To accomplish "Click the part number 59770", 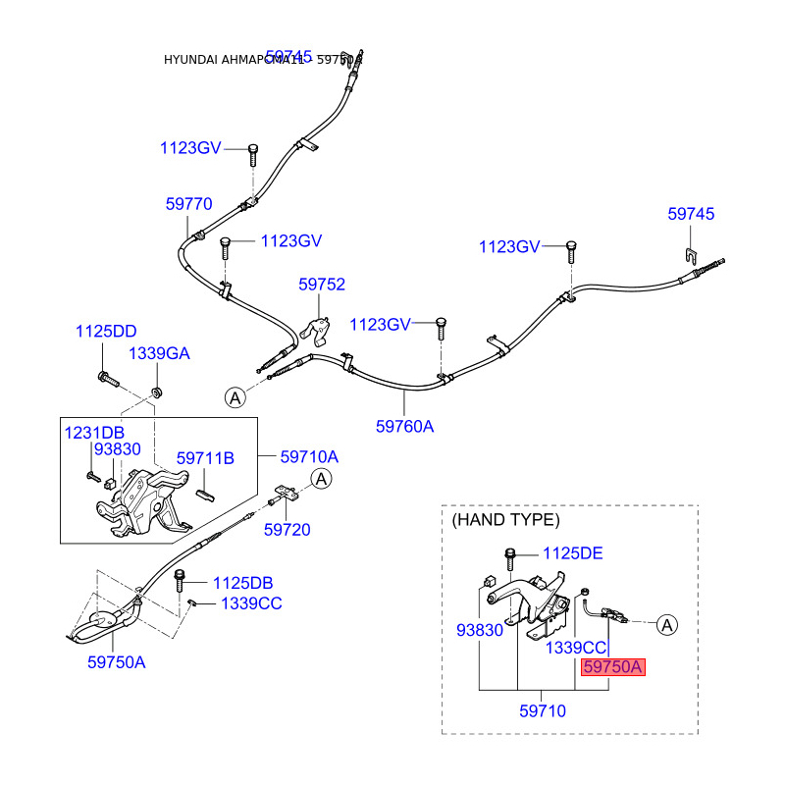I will (188, 204).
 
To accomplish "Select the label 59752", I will (322, 285).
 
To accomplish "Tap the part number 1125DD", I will (106, 333).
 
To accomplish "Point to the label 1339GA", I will (160, 353).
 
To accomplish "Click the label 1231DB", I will (94, 432).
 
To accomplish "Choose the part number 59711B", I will (205, 458).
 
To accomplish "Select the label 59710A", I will (309, 456).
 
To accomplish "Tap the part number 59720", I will (287, 530).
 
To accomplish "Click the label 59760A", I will (404, 426).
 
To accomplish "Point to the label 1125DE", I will (572, 553).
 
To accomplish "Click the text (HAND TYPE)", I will (505, 519).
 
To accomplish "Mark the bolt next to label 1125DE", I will (510, 556).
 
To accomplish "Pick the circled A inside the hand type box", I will (666, 623).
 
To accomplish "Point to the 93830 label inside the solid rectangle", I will (118, 449).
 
